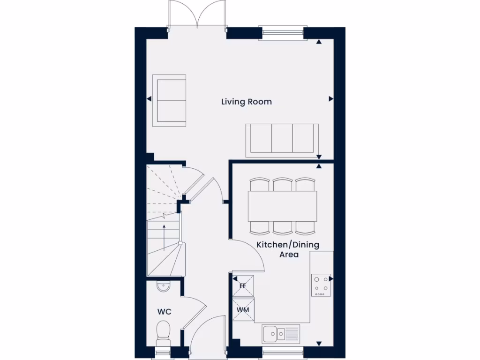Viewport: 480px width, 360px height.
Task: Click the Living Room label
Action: coord(246,102)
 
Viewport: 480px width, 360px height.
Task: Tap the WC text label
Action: coord(164,312)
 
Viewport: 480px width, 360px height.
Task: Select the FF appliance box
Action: coord(243,286)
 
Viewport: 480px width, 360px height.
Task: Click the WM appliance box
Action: coord(243,310)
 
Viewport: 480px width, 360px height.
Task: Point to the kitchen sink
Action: coord(280,334)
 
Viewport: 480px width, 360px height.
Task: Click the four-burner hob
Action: coord(321,285)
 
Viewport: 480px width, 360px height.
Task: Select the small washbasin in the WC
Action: coord(163,286)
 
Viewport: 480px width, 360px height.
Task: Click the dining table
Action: coord(282,206)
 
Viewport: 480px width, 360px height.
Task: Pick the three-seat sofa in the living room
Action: coord(282,139)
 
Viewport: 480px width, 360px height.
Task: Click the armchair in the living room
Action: coord(169,100)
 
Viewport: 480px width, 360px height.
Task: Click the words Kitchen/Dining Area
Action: coord(287,249)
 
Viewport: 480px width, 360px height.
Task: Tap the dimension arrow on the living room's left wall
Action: coord(149,99)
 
